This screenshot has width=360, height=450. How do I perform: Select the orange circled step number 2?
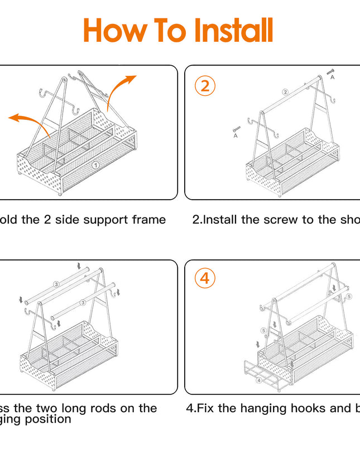(x=205, y=86)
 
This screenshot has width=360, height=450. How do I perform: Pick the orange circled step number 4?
(x=205, y=278)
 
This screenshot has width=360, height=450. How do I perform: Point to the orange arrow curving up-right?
(x=120, y=89)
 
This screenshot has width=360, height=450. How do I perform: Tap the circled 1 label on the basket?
(x=96, y=166)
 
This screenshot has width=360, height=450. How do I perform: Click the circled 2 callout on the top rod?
(x=285, y=92)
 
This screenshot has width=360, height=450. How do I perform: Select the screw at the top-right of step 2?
(x=329, y=71)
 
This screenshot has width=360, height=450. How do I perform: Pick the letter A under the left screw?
(x=236, y=136)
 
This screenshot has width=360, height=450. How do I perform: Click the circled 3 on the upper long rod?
(x=56, y=284)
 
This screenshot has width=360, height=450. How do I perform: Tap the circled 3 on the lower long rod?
(x=83, y=302)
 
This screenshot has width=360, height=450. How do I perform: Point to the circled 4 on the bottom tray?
(x=258, y=380)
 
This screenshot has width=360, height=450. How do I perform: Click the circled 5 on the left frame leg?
(x=263, y=330)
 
